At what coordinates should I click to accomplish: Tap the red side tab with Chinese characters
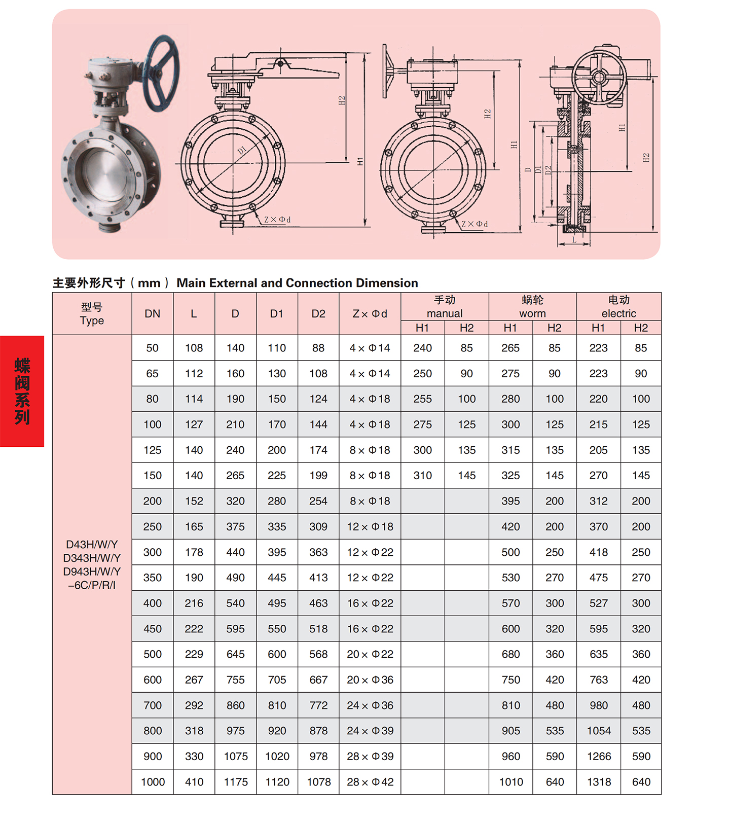[22, 391]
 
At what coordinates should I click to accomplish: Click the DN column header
[152, 314]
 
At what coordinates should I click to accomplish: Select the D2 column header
[318, 314]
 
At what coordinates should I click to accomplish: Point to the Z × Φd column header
[370, 314]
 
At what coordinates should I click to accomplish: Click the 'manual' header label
[445, 313]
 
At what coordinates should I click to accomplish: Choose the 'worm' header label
[532, 313]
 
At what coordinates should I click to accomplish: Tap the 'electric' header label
[618, 313]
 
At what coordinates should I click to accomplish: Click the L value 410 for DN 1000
[194, 782]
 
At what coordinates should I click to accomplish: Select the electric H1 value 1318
[599, 782]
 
